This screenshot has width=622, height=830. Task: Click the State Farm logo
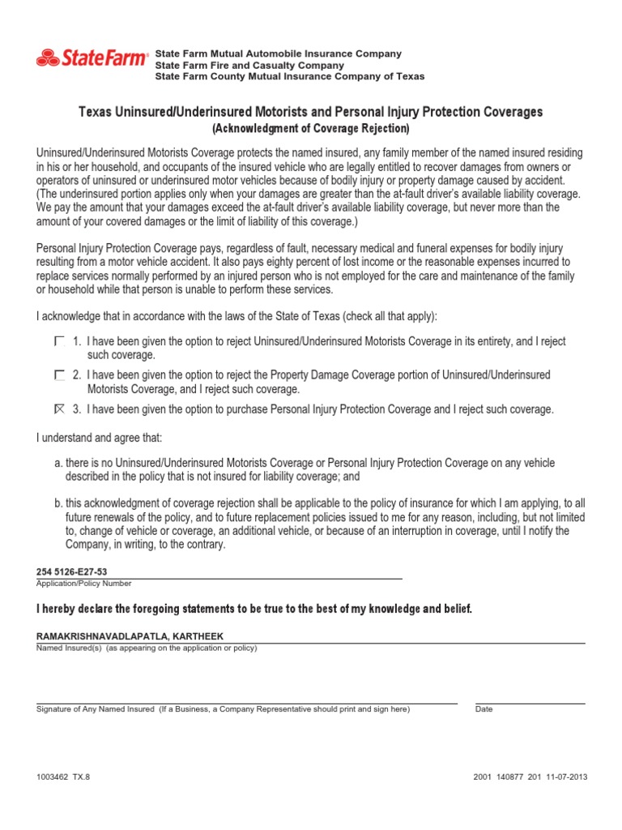92,58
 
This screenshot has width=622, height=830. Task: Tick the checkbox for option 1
59,342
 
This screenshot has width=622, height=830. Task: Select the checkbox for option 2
59,375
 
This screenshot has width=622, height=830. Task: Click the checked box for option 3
59,409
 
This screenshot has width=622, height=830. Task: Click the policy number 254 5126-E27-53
72,571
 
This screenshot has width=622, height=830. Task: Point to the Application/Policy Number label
83,584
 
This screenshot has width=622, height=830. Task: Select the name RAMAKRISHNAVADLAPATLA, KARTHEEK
130,636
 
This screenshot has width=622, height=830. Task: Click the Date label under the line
484,709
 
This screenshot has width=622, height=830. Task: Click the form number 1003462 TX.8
64,776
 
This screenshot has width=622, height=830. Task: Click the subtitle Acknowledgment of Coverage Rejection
311,128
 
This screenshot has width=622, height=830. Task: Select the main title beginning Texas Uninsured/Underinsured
311,112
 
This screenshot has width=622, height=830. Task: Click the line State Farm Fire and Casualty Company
249,65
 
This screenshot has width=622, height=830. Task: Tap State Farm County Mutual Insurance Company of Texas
289,76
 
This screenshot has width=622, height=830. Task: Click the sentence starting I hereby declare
253,608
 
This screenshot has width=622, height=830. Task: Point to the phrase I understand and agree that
99,438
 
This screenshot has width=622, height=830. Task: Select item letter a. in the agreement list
59,463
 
